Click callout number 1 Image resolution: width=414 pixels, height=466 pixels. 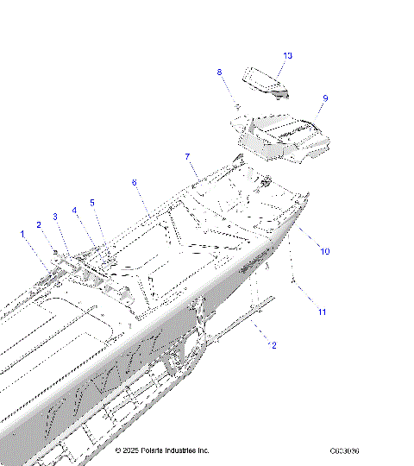pos(22,233)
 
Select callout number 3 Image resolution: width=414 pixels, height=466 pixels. pos(55,217)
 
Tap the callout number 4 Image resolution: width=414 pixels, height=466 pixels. pos(74,210)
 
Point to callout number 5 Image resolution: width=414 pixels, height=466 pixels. pos(92,203)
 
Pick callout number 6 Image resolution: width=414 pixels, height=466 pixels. pos(134,183)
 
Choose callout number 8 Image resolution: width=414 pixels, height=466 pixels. pos(219,72)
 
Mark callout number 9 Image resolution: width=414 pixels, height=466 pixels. pos(325,98)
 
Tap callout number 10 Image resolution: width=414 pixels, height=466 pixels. pos(325,251)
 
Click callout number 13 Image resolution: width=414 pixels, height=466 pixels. pos(287,56)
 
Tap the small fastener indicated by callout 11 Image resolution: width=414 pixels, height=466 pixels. pos(295,281)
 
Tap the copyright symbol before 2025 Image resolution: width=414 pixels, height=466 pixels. pos(119,450)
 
